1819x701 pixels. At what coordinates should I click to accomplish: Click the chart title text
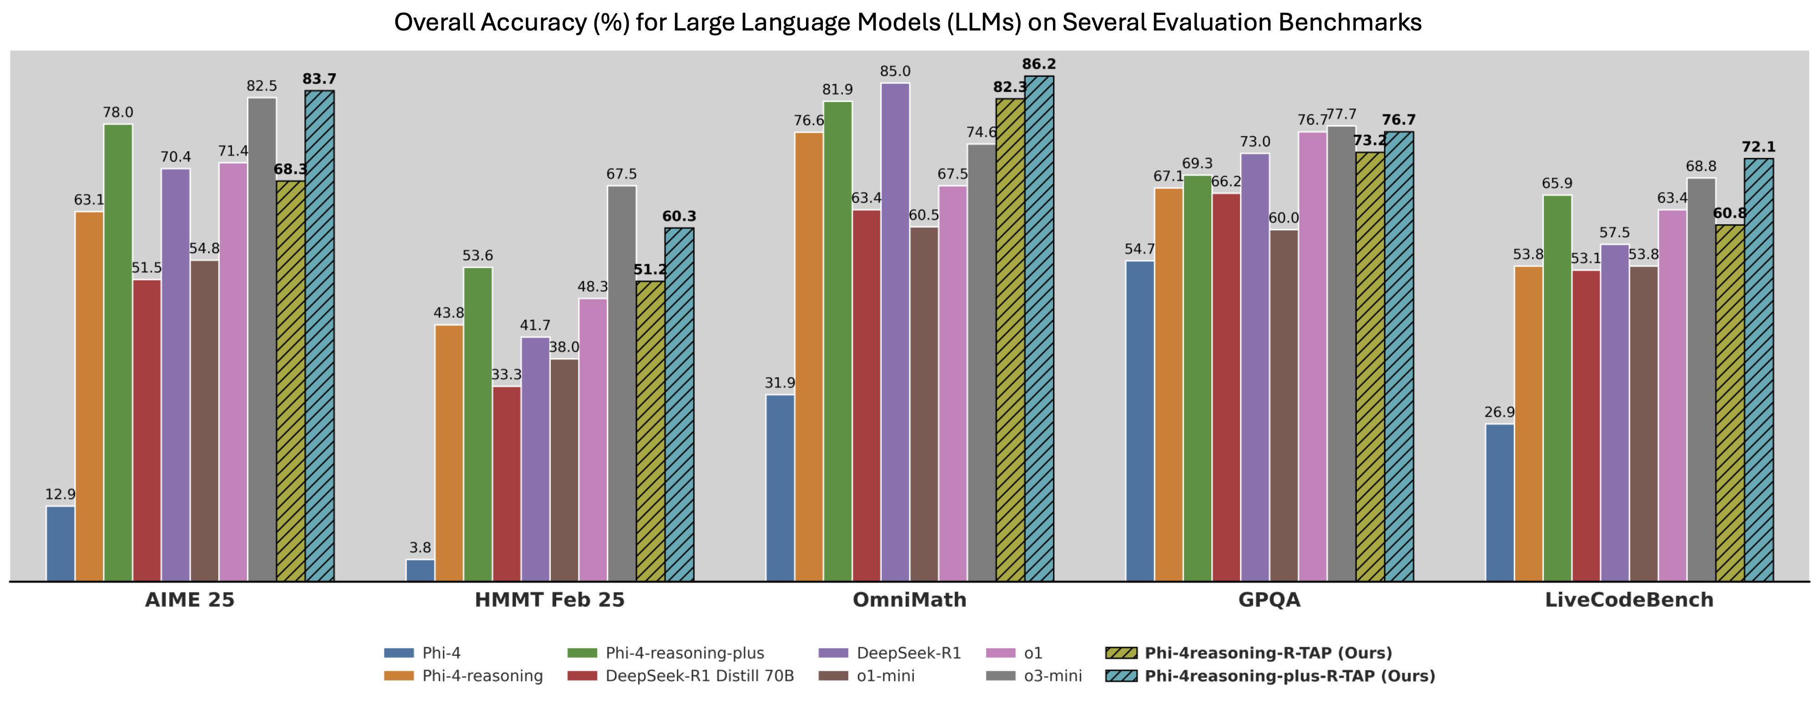click(907, 23)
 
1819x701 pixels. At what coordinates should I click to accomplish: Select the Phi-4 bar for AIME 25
click(61, 544)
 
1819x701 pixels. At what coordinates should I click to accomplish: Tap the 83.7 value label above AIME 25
click(319, 79)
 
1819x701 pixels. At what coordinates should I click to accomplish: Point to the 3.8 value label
click(420, 548)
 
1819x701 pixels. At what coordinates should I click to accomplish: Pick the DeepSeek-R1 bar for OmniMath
click(895, 332)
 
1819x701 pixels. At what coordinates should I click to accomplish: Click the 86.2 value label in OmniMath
click(1039, 64)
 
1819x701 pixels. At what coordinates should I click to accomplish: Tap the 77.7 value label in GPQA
click(1342, 114)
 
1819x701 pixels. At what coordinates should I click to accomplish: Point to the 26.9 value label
click(1500, 412)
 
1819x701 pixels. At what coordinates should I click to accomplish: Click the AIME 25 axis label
click(190, 600)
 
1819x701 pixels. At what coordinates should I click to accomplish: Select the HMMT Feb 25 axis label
click(549, 600)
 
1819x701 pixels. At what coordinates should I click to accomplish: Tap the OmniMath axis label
click(910, 600)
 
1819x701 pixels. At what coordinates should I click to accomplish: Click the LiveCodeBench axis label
click(1629, 600)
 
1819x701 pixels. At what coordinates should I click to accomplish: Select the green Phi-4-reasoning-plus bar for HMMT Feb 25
click(478, 424)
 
